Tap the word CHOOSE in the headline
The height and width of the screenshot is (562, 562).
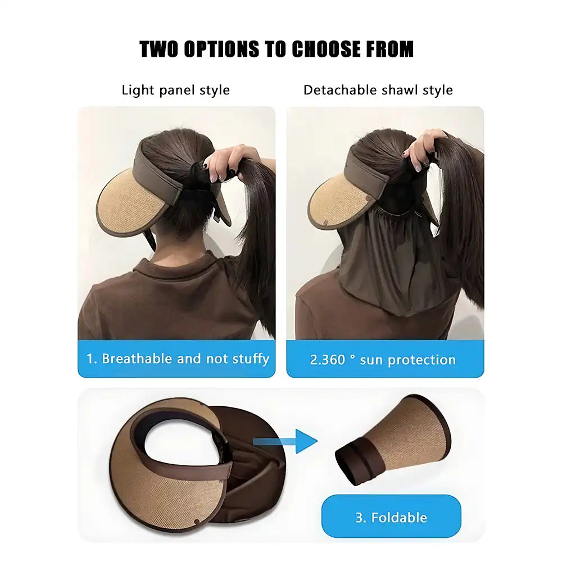(x=327, y=49)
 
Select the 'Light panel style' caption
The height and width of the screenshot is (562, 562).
(x=175, y=90)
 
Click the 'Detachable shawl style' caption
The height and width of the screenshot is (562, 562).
(x=378, y=90)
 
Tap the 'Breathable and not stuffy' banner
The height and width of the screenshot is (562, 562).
(x=176, y=359)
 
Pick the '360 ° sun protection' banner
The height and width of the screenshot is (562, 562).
(x=385, y=360)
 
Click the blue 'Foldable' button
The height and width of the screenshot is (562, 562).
(x=391, y=517)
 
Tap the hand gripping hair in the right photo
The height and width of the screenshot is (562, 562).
(x=427, y=149)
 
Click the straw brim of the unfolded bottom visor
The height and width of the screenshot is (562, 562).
(x=169, y=495)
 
